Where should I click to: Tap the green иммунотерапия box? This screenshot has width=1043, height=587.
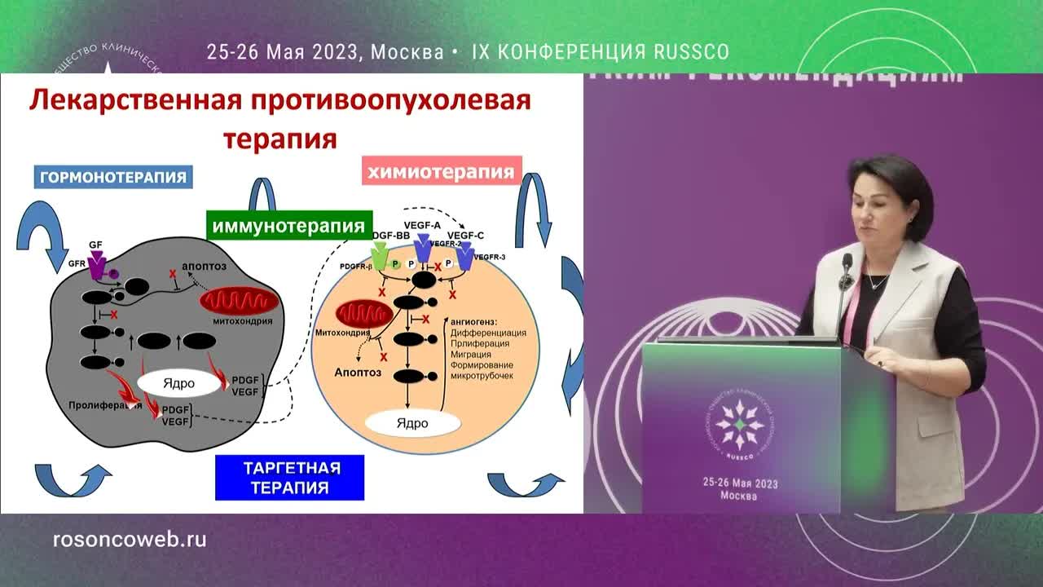(289, 226)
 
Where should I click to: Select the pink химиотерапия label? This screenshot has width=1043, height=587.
(441, 172)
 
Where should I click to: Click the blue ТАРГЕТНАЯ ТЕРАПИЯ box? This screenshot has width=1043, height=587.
(290, 478)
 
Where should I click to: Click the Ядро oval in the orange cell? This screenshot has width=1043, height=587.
(411, 423)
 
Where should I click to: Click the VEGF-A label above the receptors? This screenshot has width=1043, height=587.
(421, 224)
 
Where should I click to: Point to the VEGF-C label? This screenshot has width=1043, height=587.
(465, 235)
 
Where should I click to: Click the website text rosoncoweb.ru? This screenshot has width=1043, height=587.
(129, 539)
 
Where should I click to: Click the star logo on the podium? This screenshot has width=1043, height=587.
(738, 425)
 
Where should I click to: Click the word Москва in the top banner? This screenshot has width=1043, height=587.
(407, 52)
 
